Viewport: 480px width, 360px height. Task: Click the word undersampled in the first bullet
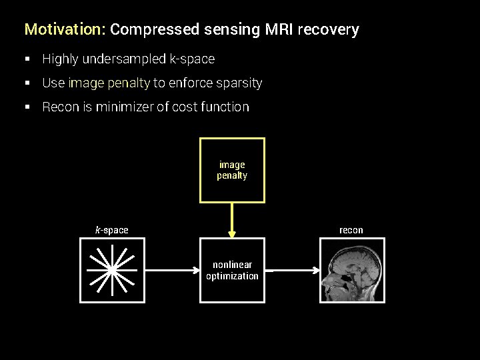[125, 59]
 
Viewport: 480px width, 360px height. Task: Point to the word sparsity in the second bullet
[239, 83]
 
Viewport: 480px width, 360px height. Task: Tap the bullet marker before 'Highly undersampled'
[28, 59]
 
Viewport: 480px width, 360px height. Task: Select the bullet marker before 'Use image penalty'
[28, 83]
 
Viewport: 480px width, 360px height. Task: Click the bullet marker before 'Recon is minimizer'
[28, 107]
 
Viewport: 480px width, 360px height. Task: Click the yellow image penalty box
[232, 170]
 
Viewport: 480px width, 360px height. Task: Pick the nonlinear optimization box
[232, 270]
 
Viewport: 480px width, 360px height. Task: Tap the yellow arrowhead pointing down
[232, 234]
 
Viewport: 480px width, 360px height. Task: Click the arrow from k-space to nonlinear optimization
[172, 270]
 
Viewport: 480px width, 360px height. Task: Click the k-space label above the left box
[112, 230]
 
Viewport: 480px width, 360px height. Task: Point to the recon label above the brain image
[351, 230]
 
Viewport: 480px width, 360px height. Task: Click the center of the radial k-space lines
[112, 269]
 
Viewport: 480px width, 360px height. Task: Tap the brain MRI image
[352, 270]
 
